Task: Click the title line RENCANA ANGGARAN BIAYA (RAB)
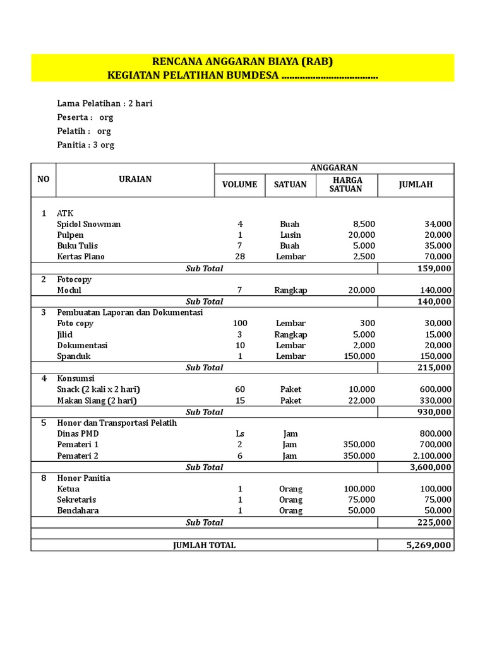[242, 61]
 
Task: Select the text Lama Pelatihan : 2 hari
[105, 103]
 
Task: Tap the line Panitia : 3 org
[86, 145]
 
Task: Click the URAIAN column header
[135, 179]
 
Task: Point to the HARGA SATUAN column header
[346, 184]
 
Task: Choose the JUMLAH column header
[416, 185]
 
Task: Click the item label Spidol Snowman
[89, 225]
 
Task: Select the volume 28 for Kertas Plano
[239, 257]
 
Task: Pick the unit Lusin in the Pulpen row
[290, 235]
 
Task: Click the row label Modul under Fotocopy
[69, 290]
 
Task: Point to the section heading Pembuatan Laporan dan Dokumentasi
[130, 312]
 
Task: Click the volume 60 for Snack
[239, 389]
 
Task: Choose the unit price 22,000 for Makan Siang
[359, 401]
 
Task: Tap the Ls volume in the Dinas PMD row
[239, 434]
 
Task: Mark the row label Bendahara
[78, 510]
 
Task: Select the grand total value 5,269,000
[429, 545]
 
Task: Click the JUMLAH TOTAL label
[204, 545]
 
